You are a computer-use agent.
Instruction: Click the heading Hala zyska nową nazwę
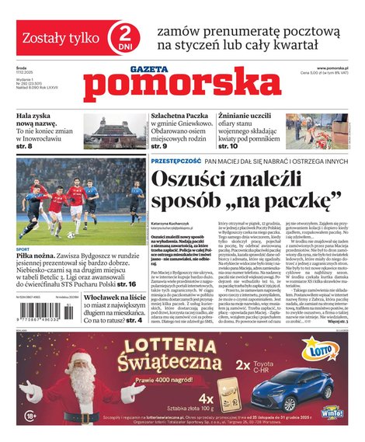[40, 121]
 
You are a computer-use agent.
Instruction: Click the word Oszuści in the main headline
[196, 181]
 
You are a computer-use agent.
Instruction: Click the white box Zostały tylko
[54, 37]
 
